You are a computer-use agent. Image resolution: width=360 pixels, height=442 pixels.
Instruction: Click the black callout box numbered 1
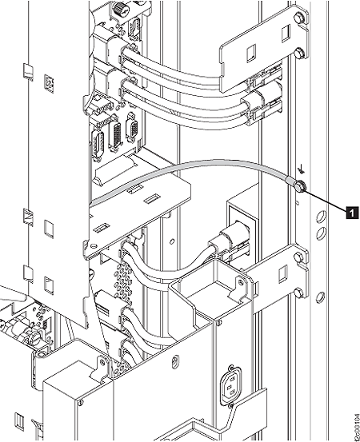pyautogui.click(x=352, y=213)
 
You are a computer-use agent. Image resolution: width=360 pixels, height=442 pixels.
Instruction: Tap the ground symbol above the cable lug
pyautogui.click(x=302, y=169)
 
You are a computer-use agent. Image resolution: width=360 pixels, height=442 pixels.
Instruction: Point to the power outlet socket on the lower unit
pyautogui.click(x=230, y=385)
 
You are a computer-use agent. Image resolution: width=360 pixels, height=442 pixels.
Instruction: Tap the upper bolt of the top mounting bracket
pyautogui.click(x=298, y=19)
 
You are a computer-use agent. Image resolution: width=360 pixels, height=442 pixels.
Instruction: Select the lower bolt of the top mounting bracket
pyautogui.click(x=298, y=53)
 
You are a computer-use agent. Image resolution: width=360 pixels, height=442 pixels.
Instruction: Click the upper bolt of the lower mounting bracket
pyautogui.click(x=298, y=257)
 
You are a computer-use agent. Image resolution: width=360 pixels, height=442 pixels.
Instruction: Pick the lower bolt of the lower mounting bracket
pyautogui.click(x=298, y=293)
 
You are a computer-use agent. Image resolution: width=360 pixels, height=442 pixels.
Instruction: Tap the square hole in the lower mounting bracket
pyautogui.click(x=282, y=274)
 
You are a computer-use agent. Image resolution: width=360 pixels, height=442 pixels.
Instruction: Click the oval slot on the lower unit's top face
pyautogui.click(x=175, y=360)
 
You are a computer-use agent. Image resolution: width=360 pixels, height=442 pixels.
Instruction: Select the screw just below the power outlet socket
pyautogui.click(x=231, y=406)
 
